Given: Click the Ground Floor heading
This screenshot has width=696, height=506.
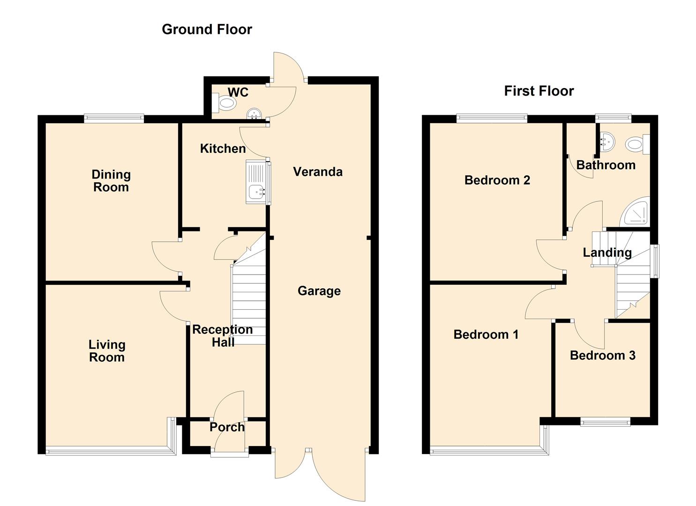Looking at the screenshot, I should (x=207, y=30).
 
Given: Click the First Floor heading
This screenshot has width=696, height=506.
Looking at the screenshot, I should (x=539, y=91).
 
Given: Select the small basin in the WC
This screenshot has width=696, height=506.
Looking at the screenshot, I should (x=254, y=114).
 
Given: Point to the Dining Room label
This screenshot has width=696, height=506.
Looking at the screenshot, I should (x=111, y=181).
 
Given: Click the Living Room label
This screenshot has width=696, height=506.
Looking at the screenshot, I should (x=107, y=351).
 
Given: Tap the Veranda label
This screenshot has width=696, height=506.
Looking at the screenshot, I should (x=318, y=172).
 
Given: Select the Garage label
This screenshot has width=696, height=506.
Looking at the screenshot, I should (x=319, y=291).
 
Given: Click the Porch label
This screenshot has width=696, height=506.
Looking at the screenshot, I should (x=227, y=427).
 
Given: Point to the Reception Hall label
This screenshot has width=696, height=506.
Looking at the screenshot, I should (x=223, y=336).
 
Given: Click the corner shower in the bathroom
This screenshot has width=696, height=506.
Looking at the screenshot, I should (x=636, y=213).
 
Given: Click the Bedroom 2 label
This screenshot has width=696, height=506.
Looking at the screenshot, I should (x=497, y=180).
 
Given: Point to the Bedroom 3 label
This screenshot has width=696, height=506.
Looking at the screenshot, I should (x=602, y=356).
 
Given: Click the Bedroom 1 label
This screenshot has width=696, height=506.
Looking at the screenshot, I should (x=486, y=335).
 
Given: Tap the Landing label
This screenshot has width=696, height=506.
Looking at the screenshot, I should (x=607, y=253).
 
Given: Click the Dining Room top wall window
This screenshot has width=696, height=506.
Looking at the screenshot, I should (x=114, y=119).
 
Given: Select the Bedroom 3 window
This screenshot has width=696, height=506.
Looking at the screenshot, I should (x=605, y=422).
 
